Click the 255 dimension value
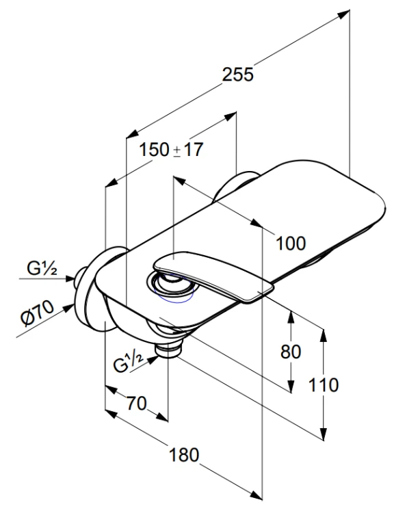tap(238, 75)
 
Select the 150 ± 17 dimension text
tap(171, 150)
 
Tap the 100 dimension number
tap(291, 243)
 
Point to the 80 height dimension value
tap(291, 352)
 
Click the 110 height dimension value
tap(323, 384)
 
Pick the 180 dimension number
tap(184, 455)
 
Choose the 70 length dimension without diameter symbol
tap(137, 404)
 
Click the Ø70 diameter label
tap(37, 313)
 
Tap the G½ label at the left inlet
tap(42, 269)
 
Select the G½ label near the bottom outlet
tap(129, 363)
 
